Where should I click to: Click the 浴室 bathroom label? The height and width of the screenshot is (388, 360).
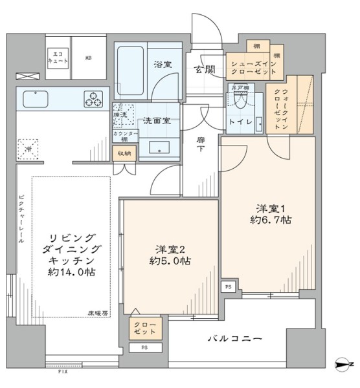pos(162,65)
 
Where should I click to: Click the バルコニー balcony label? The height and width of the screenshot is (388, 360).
pos(234,338)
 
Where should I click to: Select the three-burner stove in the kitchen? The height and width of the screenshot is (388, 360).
pos(93,100)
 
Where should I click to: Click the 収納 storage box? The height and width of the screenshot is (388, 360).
pos(124,153)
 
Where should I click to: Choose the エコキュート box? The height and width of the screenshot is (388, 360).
pos(56,57)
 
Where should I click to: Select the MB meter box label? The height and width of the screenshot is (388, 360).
pos(89,58)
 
